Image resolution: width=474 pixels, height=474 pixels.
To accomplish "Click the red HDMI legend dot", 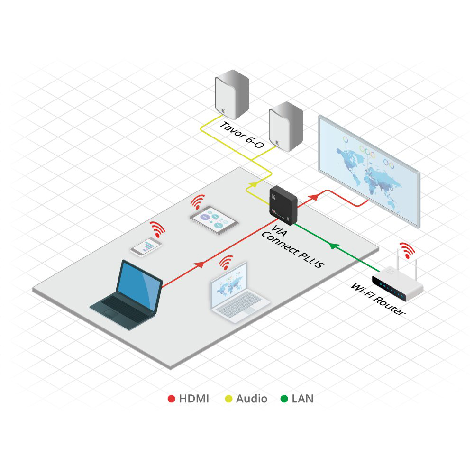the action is [172, 399].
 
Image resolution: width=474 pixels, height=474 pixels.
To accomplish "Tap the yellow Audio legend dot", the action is [229, 399].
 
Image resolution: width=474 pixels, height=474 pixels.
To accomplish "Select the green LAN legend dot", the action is [284, 399].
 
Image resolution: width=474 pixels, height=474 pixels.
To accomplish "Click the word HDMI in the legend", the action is [194, 399].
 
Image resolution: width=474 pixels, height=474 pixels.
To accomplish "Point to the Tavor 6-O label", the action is [242, 135].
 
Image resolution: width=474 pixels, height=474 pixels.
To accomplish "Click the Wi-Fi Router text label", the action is [378, 299].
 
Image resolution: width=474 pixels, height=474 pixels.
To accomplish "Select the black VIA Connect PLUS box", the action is [283, 205].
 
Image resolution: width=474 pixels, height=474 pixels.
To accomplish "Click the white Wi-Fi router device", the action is [397, 284].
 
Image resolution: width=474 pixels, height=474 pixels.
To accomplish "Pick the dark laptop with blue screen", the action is [127, 295].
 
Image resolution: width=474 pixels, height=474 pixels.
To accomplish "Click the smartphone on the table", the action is [146, 247].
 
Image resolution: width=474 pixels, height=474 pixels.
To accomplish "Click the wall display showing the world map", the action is [369, 171].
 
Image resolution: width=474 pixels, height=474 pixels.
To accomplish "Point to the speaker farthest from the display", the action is [232, 95].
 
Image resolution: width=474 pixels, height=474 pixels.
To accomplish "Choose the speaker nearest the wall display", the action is [286, 127].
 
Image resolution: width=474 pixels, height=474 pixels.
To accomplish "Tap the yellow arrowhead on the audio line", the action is [253, 184].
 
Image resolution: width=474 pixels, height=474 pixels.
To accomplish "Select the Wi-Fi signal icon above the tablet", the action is [198, 201].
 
